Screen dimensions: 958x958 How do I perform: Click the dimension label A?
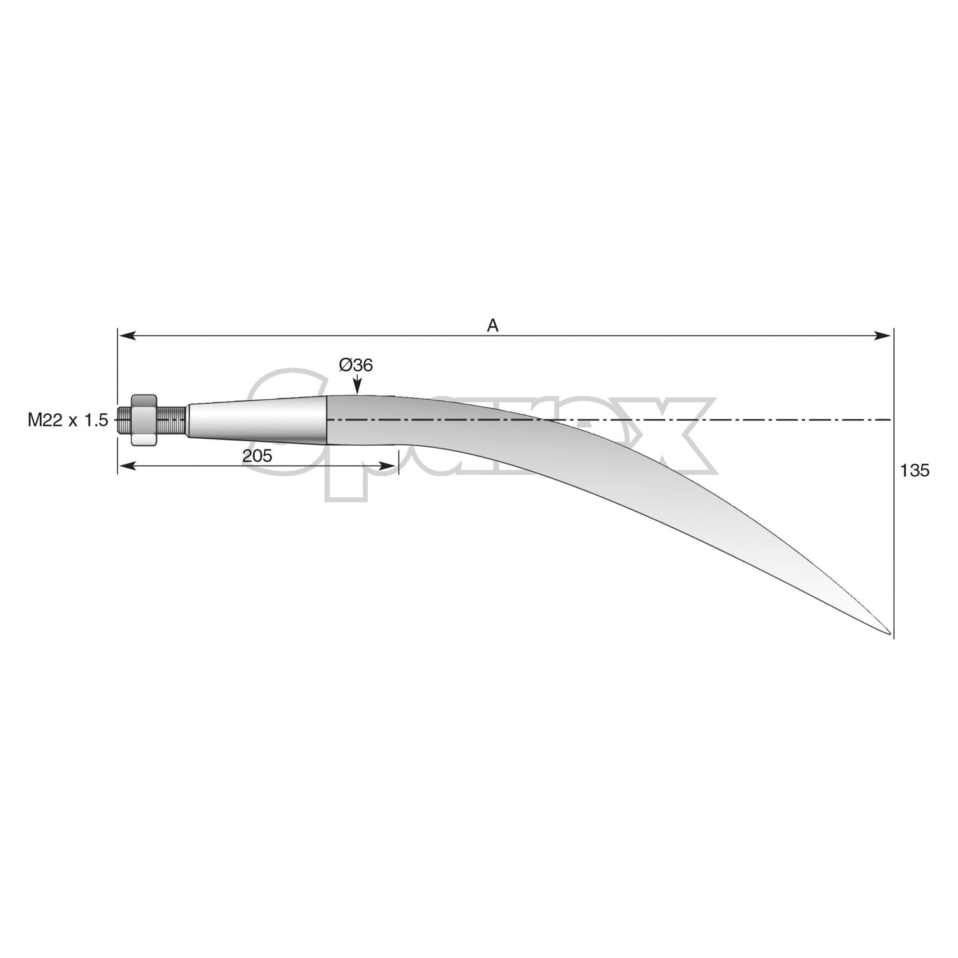click(492, 326)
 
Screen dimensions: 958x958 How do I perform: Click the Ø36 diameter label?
click(356, 365)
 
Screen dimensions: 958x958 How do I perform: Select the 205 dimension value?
click(257, 456)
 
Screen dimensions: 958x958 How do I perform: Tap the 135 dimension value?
click(915, 471)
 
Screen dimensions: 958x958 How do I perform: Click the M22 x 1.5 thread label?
click(68, 420)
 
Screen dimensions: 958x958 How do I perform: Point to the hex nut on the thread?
click(144, 420)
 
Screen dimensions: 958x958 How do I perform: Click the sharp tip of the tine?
click(888, 634)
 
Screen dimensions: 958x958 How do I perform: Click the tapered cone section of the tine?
click(255, 420)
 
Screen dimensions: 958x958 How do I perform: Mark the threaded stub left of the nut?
click(125, 420)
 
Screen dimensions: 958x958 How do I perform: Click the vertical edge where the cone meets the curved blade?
click(327, 420)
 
